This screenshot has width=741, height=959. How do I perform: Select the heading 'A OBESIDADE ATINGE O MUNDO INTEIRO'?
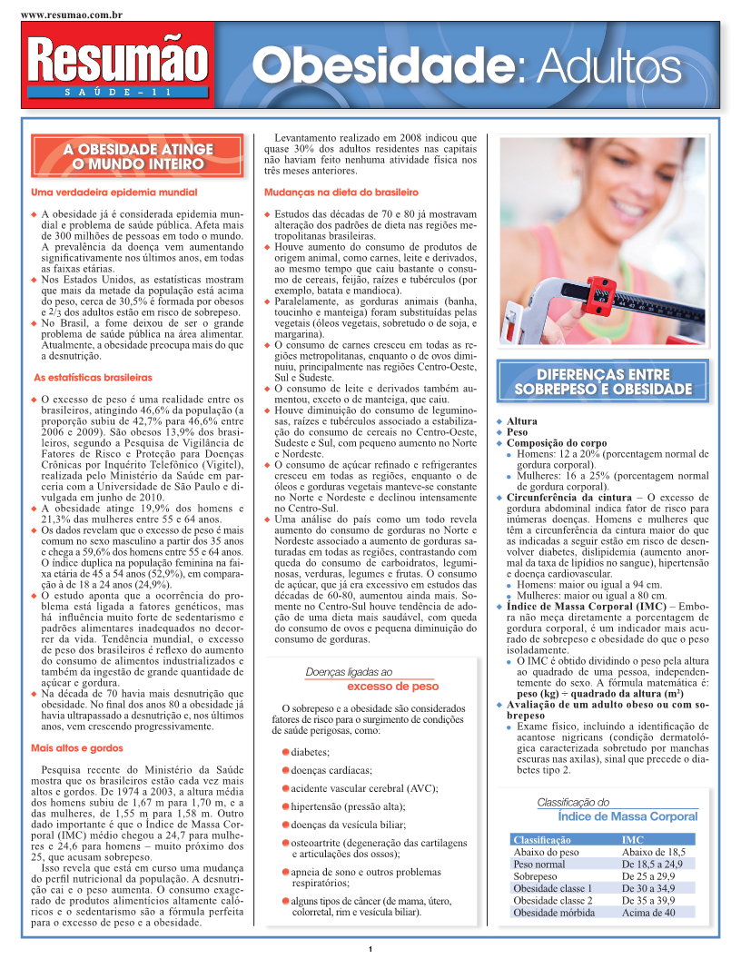pos(137,156)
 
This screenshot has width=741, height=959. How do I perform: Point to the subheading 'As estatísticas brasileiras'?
pos(93,377)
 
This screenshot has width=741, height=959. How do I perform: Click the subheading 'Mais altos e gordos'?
pos(76,748)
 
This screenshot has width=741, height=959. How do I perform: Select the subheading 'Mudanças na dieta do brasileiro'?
pos(341,193)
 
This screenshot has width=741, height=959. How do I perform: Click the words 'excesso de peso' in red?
pos(392,687)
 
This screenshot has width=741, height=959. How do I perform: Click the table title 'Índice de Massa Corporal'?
pos(627,817)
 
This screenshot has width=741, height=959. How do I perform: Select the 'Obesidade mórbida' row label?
pos(554,913)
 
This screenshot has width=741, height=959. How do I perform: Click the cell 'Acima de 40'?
pos(648,913)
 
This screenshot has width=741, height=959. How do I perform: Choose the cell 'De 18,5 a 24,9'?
pos(652,865)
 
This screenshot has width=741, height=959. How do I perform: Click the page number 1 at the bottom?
pos(370,950)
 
